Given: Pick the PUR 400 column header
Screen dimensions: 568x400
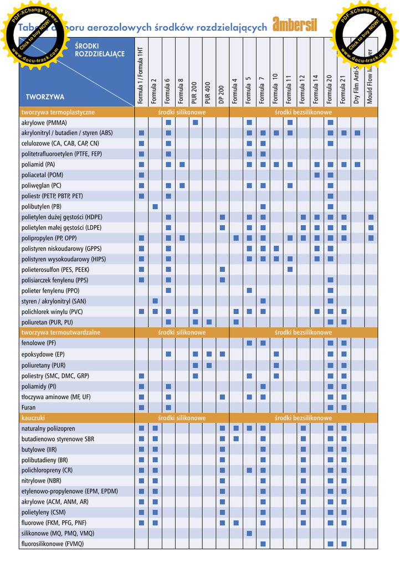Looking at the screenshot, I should coord(208,92).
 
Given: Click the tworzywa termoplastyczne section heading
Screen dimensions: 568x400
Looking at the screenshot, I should coord(58,112).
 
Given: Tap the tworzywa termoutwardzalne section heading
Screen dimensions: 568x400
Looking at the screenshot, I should coord(61,332).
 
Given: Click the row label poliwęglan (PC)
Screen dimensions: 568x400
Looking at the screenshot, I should coord(42,185).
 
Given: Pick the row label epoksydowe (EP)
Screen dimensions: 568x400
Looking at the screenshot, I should coord(43,354).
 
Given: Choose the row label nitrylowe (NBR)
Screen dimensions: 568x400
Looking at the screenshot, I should coord(42,480).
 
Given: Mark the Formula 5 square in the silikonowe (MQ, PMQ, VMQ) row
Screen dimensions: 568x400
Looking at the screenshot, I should coord(249,533).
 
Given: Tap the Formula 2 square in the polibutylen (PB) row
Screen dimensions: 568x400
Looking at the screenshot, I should coord(155,206).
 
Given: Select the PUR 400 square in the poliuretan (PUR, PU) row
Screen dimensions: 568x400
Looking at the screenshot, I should coord(209,322).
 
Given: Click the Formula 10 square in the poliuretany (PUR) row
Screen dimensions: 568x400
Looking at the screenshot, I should coord(276,364).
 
